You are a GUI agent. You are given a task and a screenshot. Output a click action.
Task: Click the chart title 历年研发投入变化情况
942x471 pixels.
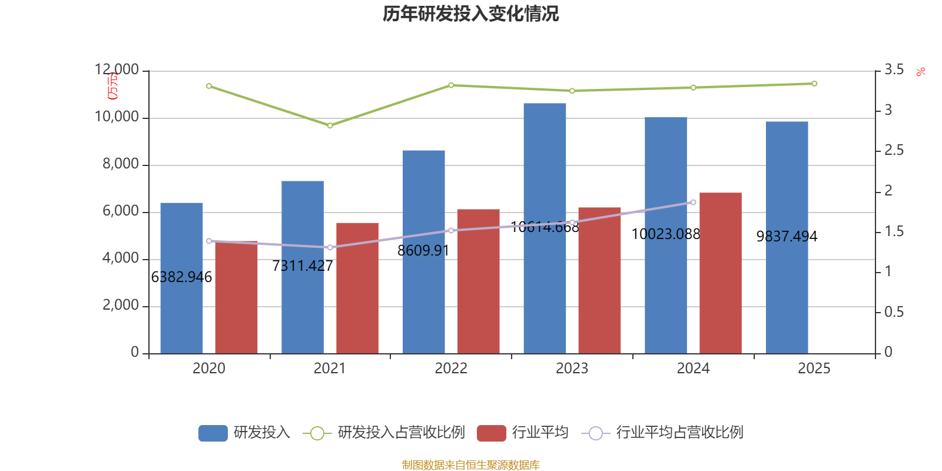click(x=470, y=14)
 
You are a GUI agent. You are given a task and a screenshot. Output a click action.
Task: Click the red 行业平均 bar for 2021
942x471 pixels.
click(x=357, y=288)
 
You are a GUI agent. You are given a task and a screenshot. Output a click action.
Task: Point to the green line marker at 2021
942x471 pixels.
click(x=330, y=125)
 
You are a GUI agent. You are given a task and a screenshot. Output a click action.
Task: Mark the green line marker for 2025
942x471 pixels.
click(x=814, y=84)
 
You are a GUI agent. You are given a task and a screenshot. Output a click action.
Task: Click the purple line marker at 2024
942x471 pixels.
click(x=693, y=202)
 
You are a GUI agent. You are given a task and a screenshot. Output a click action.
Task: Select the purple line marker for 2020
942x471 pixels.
click(x=209, y=241)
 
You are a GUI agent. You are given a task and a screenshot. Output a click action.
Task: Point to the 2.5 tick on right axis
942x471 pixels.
click(x=894, y=151)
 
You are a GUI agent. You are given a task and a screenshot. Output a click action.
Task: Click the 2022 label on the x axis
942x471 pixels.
click(x=450, y=369)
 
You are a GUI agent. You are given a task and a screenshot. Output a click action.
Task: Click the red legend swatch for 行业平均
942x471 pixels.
click(x=491, y=433)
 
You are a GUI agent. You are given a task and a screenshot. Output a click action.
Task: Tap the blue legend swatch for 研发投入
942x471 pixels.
click(x=213, y=433)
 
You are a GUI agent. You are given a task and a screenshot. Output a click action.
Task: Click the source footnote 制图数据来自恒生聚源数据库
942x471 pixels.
click(x=470, y=465)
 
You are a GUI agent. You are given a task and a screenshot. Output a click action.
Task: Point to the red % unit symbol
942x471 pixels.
click(x=920, y=72)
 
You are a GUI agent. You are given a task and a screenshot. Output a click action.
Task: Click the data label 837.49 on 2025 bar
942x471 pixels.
click(x=787, y=237)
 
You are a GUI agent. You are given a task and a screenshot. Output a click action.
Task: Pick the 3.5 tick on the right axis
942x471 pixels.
click(x=894, y=70)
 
